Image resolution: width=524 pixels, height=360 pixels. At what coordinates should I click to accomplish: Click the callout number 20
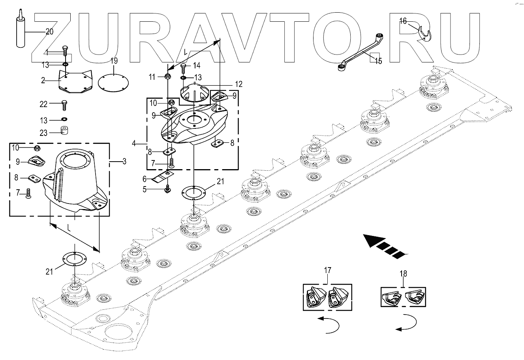coord(49,32)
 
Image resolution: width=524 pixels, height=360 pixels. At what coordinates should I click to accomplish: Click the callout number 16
coord(403,21)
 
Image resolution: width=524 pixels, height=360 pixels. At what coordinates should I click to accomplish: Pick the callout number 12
coord(239,84)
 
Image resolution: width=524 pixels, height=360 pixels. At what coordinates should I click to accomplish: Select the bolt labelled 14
coord(184,68)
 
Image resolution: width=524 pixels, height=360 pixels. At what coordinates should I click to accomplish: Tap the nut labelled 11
coord(168,76)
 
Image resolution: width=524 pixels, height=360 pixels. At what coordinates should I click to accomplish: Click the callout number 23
coord(43,133)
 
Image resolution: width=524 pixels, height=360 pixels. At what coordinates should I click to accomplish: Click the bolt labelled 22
coord(64,105)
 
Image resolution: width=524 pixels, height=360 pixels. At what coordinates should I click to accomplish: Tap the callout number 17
coord(327,270)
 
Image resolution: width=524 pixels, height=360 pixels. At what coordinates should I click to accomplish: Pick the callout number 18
coord(403,273)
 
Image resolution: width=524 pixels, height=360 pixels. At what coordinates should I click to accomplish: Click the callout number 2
coord(43,80)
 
